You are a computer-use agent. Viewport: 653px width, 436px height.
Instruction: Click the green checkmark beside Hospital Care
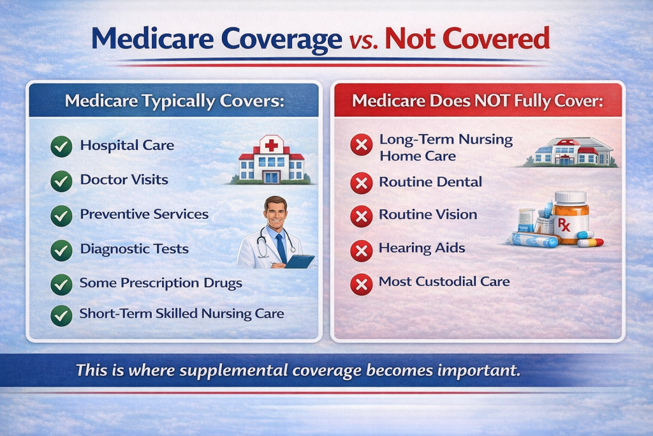click(x=61, y=147)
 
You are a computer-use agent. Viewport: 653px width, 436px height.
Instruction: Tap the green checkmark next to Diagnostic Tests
click(x=61, y=250)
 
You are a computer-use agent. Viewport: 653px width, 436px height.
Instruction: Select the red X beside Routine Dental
click(x=362, y=183)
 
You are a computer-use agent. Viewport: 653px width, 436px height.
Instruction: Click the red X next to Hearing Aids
click(x=362, y=250)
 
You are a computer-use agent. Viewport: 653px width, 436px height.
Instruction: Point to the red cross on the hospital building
click(x=272, y=146)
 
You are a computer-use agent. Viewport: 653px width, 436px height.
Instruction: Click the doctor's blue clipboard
click(x=299, y=261)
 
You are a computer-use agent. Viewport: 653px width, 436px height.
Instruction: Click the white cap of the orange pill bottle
click(x=570, y=196)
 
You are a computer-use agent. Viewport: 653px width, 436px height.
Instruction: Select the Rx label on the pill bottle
click(x=565, y=225)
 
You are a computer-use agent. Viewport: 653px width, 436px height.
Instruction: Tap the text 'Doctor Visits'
click(x=124, y=179)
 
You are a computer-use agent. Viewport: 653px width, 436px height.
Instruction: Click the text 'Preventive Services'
click(x=144, y=214)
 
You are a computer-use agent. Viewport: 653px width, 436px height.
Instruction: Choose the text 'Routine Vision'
click(x=428, y=214)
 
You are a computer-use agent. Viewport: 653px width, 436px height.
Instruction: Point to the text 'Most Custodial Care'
click(x=444, y=281)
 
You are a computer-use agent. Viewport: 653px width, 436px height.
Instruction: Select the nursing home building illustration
click(x=571, y=152)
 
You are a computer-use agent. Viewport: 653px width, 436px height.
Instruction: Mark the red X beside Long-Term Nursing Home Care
click(x=362, y=147)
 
